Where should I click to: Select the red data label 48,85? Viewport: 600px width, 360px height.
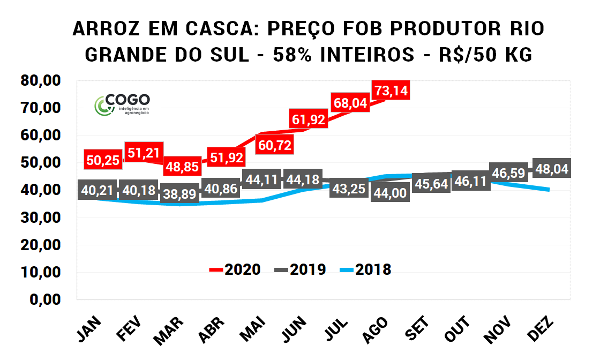(182, 166)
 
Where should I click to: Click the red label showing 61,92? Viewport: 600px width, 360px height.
(308, 120)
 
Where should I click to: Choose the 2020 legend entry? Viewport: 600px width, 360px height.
(235, 269)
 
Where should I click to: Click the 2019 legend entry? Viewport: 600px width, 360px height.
(301, 269)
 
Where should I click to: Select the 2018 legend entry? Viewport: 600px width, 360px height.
(365, 269)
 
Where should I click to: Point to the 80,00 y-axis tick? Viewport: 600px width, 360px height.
(41, 81)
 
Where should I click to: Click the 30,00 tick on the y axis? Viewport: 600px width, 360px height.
(41, 217)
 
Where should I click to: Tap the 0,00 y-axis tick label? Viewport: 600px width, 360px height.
(45, 299)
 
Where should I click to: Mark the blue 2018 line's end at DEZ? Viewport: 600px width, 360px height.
(549, 190)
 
